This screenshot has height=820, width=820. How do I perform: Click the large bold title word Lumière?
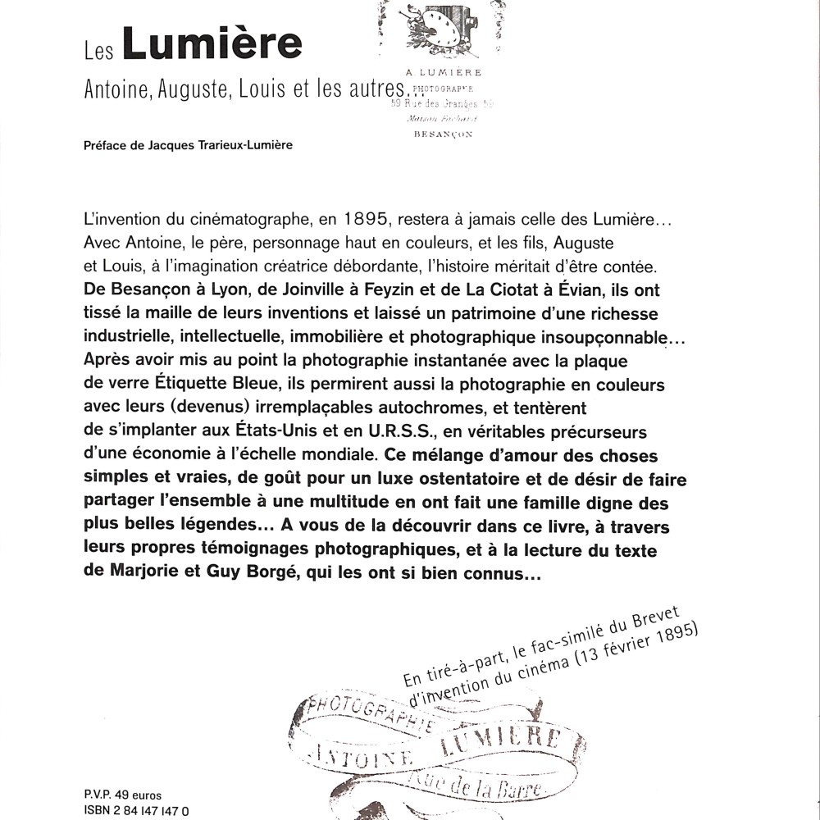pyautogui.click(x=212, y=45)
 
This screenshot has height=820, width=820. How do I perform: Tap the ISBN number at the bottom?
pyautogui.click(x=153, y=809)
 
